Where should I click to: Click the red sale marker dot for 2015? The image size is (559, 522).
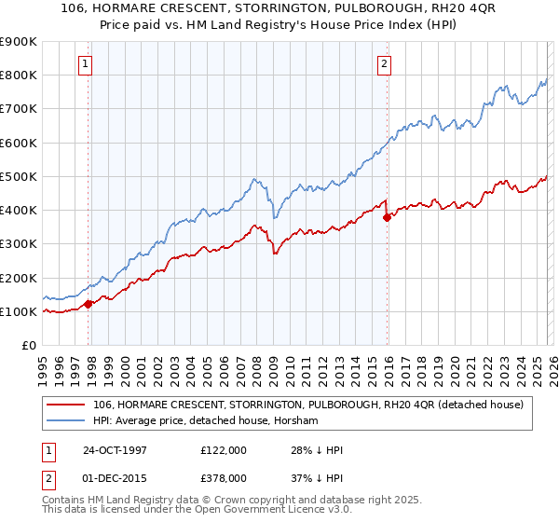(387, 217)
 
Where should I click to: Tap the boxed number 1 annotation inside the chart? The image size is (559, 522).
(85, 64)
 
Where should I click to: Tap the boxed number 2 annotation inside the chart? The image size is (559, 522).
(383, 64)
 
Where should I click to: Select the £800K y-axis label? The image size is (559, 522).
(18, 75)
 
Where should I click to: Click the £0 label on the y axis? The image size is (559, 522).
(27, 345)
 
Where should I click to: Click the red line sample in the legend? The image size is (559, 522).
(66, 405)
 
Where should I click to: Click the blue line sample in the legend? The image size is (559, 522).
(66, 420)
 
